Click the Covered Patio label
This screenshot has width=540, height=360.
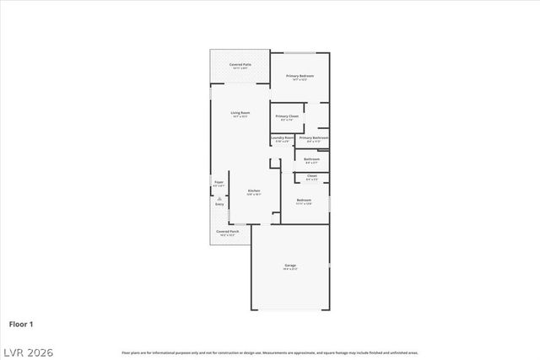[x=240, y=64]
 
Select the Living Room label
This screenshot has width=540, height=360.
[x=240, y=112]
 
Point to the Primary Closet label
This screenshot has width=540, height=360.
[x=287, y=116]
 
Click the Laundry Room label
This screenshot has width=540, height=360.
[x=283, y=137]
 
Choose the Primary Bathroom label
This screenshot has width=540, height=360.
[x=313, y=137]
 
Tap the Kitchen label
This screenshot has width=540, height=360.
[x=253, y=191]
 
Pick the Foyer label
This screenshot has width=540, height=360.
[x=219, y=182]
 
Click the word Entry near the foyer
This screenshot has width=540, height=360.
[x=219, y=204]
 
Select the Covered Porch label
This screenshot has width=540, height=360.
[x=226, y=230]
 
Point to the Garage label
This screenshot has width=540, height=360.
[x=289, y=266]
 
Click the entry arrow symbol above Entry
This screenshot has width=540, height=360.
[x=219, y=197]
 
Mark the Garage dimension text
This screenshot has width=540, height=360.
[x=289, y=270]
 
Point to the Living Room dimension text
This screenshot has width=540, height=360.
[x=240, y=116]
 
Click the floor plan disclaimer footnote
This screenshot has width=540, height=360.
[x=269, y=352]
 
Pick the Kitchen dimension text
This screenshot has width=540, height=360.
[x=253, y=195]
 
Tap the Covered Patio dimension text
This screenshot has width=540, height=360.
[x=240, y=68]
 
